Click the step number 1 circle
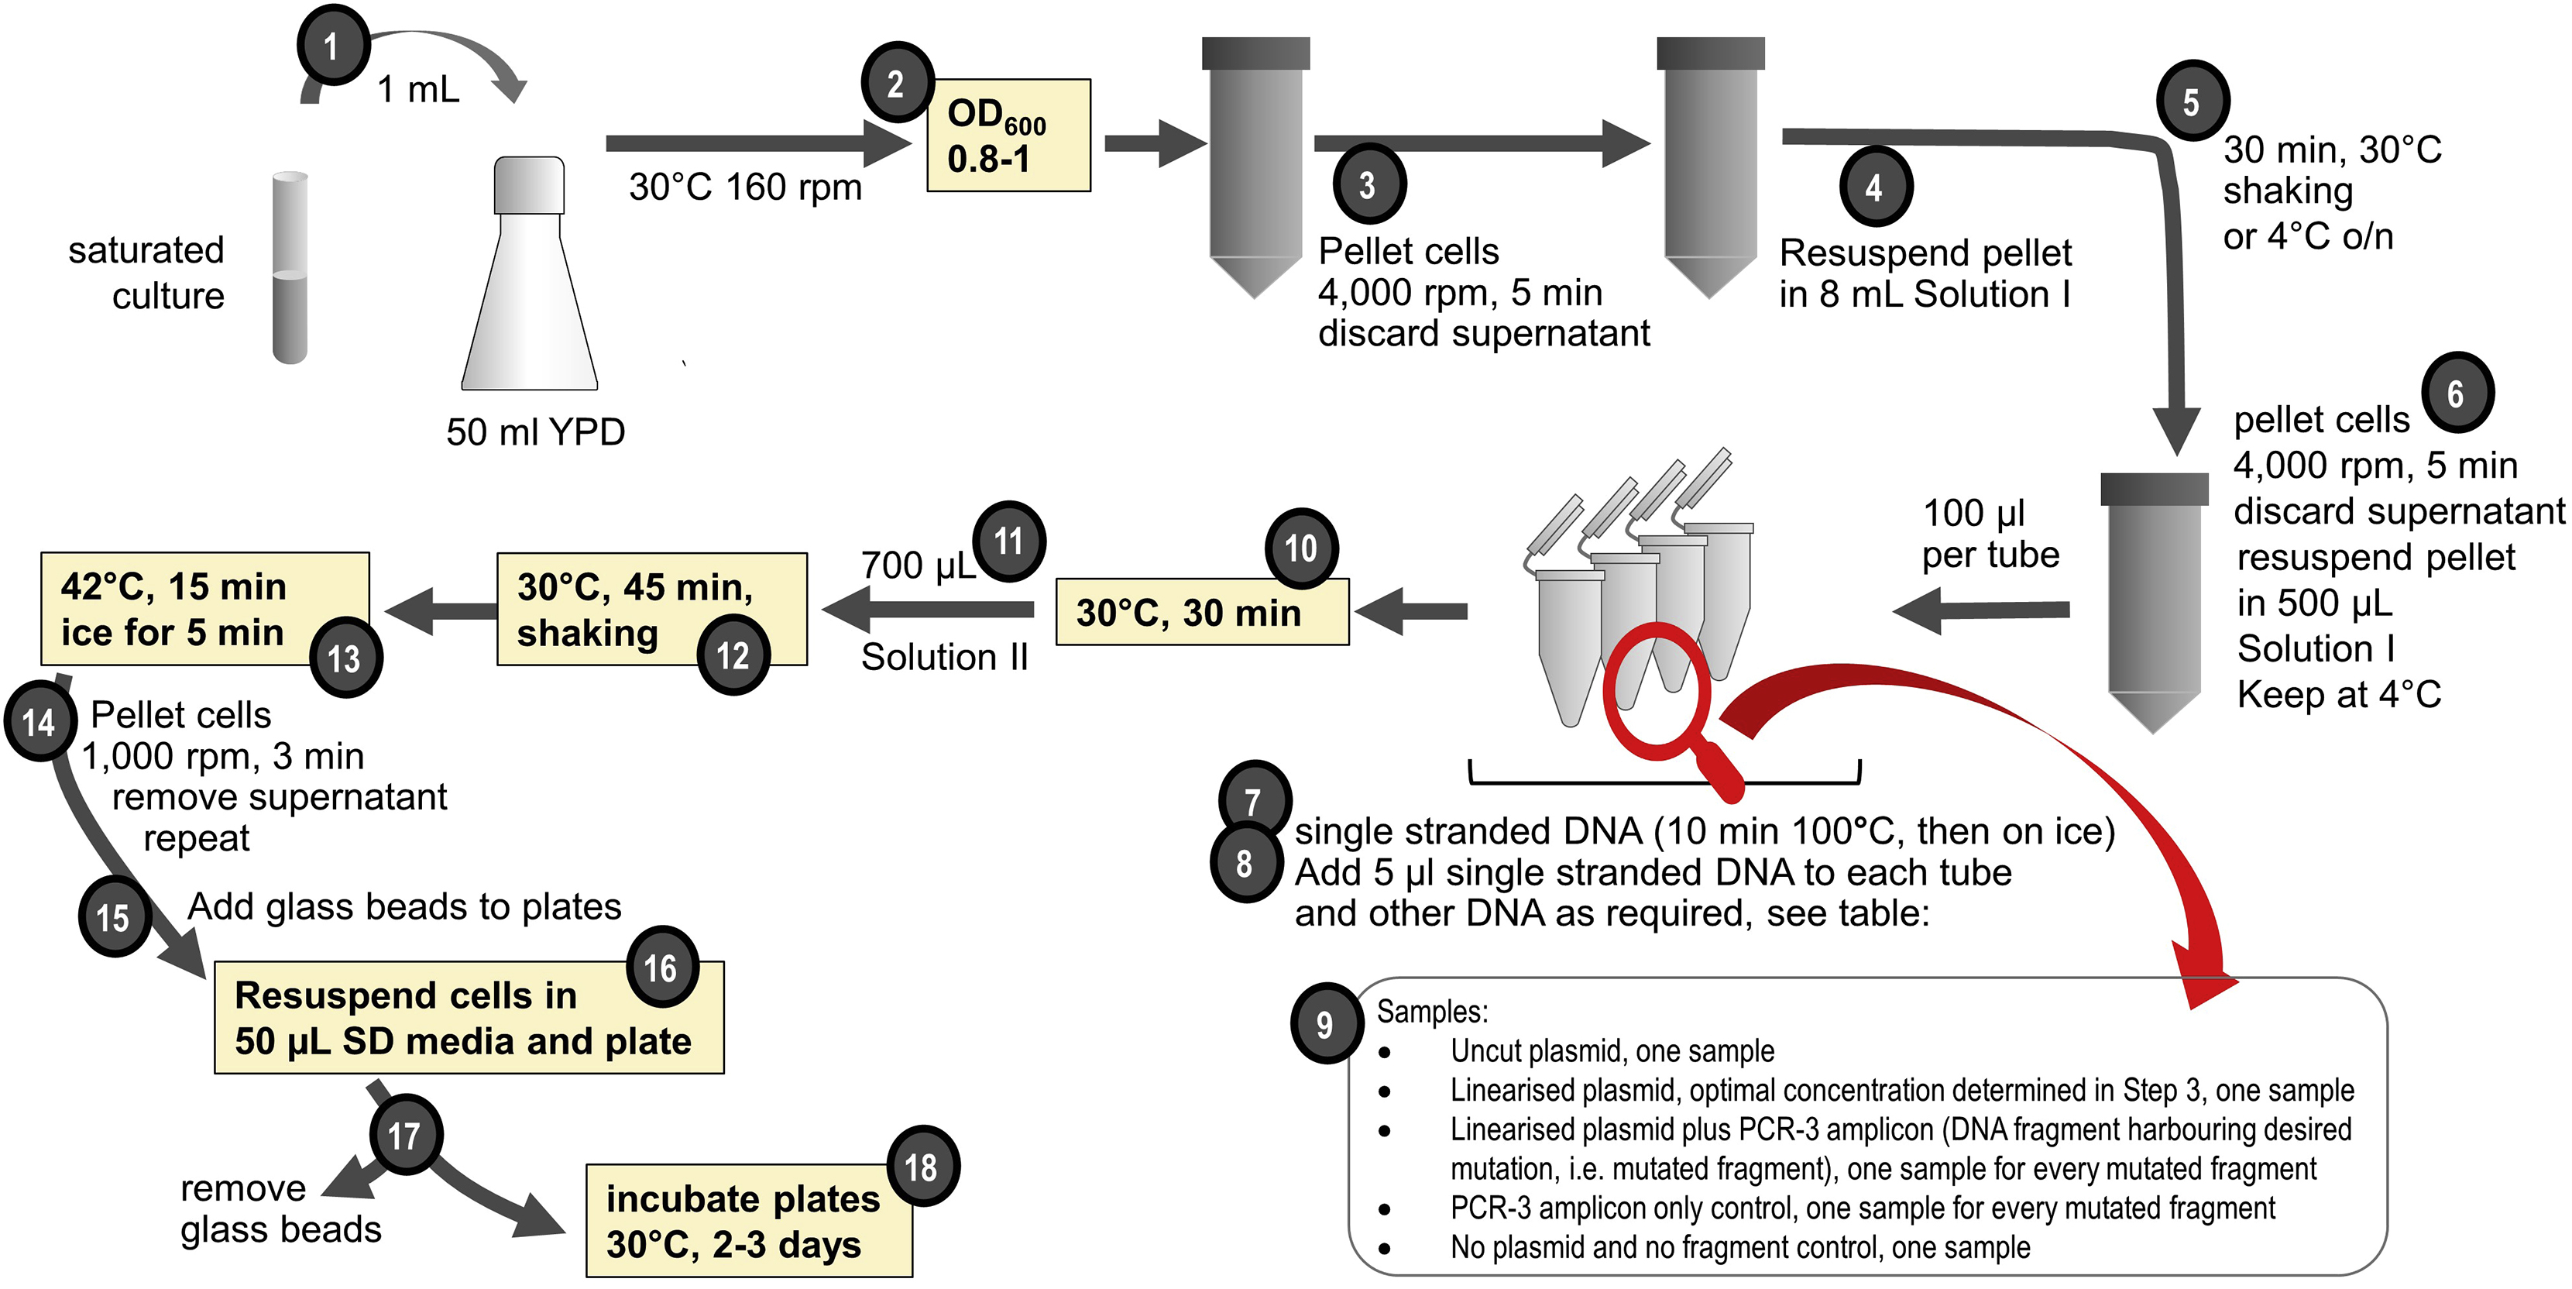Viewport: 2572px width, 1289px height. (x=332, y=46)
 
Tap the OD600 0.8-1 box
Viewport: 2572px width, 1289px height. (x=1008, y=136)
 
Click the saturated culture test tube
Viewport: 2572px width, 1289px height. (x=290, y=267)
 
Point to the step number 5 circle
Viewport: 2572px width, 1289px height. (x=2192, y=101)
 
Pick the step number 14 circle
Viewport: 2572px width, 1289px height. (x=40, y=721)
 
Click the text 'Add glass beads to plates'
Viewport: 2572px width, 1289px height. (x=404, y=906)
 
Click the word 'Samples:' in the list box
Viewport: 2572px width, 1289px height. (x=1432, y=1012)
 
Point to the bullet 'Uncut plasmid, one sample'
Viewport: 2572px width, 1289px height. (x=1612, y=1050)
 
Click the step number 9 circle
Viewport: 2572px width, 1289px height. (x=1325, y=1023)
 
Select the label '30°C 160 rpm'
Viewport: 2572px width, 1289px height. (x=745, y=187)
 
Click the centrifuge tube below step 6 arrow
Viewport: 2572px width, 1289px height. (x=2154, y=599)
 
